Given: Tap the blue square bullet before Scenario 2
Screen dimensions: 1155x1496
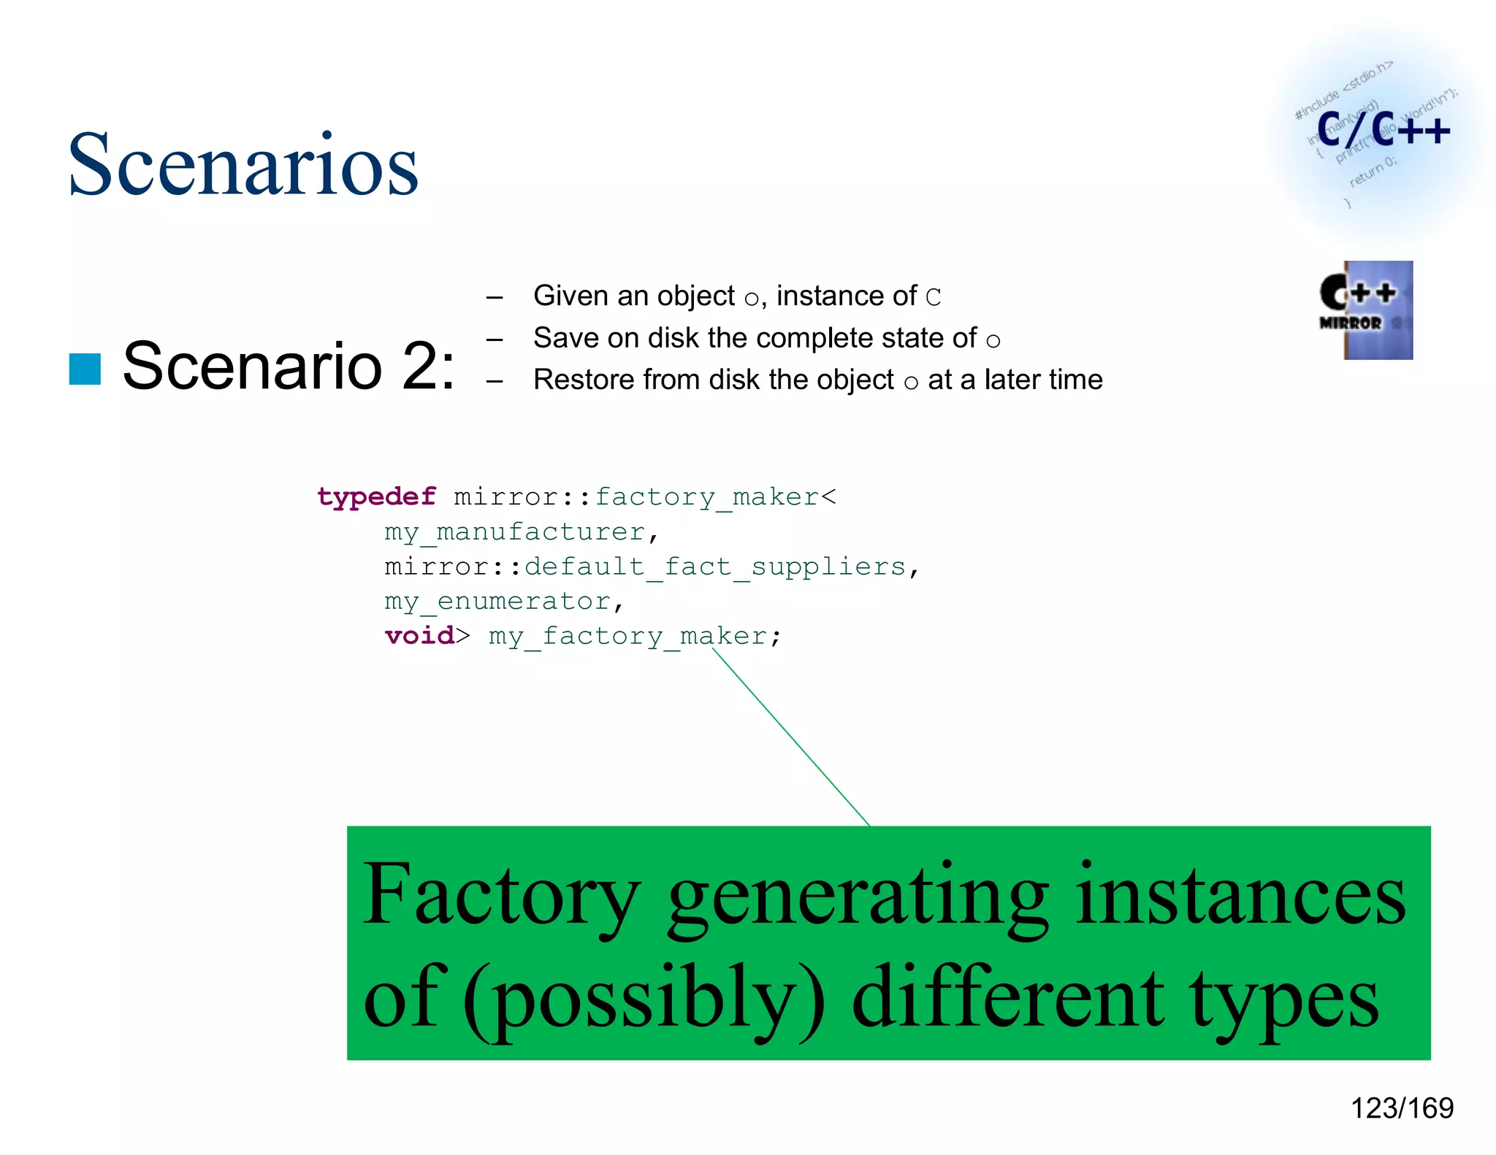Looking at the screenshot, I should click(x=85, y=369).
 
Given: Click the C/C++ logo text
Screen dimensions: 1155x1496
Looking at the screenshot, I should click(x=1383, y=131).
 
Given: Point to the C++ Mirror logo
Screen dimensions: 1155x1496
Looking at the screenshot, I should click(x=1366, y=310).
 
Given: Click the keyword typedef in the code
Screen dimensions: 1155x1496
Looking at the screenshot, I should click(x=376, y=497).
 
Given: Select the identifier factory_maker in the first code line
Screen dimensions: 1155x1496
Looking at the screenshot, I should click(x=706, y=497).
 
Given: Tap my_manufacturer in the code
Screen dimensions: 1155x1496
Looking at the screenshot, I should click(x=515, y=532).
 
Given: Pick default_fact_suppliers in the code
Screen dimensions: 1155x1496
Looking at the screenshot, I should click(x=715, y=567).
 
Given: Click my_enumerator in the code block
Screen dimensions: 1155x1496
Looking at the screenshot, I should click(x=497, y=602).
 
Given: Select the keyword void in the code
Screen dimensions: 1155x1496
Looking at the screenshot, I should click(x=419, y=636).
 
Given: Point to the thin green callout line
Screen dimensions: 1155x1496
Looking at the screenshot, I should click(x=791, y=737).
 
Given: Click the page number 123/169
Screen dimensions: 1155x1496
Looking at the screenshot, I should click(x=1402, y=1108).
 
